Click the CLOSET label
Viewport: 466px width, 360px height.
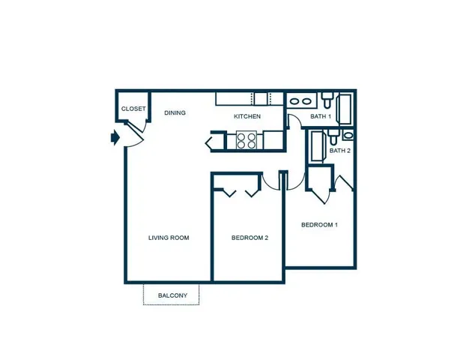pyautogui.click(x=133, y=109)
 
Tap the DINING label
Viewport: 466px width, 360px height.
pyautogui.click(x=175, y=112)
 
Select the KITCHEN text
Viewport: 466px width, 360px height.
pyautogui.click(x=247, y=116)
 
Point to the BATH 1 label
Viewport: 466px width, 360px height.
pyautogui.click(x=321, y=116)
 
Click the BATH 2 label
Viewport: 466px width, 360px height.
pyautogui.click(x=339, y=151)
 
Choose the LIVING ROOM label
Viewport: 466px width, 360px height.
pyautogui.click(x=169, y=238)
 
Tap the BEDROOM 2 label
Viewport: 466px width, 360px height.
pyautogui.click(x=249, y=238)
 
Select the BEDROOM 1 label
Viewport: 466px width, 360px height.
pyautogui.click(x=319, y=225)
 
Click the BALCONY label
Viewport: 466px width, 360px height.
pyautogui.click(x=172, y=295)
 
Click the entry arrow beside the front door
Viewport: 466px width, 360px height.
pyautogui.click(x=115, y=137)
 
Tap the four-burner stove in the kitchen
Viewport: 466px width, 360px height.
pyautogui.click(x=246, y=140)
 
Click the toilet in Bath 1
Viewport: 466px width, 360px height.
pyautogui.click(x=327, y=100)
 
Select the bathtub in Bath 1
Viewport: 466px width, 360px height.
pyautogui.click(x=345, y=109)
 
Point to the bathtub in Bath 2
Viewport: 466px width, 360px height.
pyautogui.click(x=317, y=146)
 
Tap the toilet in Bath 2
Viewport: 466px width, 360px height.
pyautogui.click(x=333, y=136)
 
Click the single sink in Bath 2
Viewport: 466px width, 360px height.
pyautogui.click(x=348, y=135)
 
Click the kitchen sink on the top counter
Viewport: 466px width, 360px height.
pyautogui.click(x=261, y=99)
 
